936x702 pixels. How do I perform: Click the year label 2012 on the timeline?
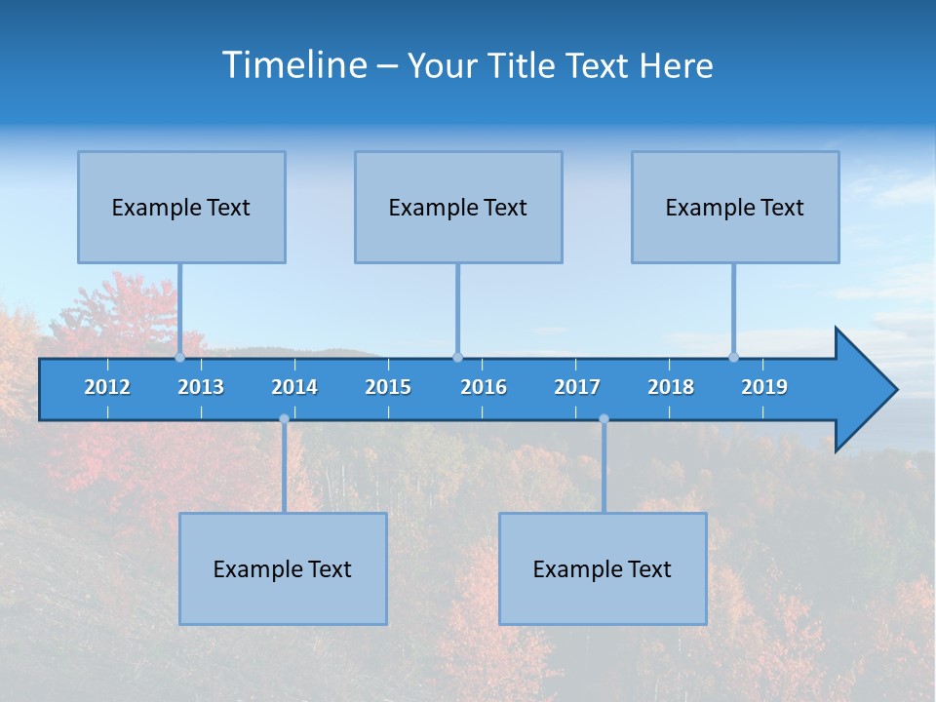click(107, 387)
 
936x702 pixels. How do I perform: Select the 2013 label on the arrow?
click(201, 387)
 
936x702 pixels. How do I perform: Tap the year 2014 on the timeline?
click(294, 387)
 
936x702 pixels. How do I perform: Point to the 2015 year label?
click(388, 387)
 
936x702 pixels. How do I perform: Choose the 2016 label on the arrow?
click(484, 387)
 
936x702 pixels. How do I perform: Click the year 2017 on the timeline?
click(577, 387)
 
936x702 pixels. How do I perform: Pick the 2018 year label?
click(671, 387)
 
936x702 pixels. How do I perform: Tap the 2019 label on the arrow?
click(764, 387)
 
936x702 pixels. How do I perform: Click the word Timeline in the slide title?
click(294, 65)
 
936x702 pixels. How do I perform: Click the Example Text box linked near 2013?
click(181, 208)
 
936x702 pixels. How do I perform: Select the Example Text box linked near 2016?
click(458, 208)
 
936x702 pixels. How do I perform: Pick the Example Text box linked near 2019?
click(735, 208)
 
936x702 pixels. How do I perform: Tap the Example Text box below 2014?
click(283, 569)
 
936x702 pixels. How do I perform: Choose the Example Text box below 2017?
click(603, 569)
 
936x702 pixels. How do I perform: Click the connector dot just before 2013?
click(179, 357)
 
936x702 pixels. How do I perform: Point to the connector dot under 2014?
click(284, 419)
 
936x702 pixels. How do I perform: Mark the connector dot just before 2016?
click(457, 357)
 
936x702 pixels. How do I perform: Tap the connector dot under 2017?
click(604, 419)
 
